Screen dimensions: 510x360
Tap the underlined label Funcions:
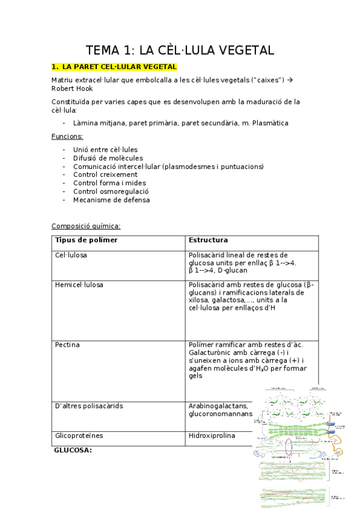pyautogui.click(x=67, y=137)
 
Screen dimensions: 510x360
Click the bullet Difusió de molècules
pyautogui.click(x=104, y=158)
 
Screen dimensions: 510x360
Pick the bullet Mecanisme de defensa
pyautogui.click(x=112, y=200)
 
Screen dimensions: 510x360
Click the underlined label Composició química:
pyautogui.click(x=86, y=226)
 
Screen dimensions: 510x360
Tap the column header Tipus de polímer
pyautogui.click(x=86, y=241)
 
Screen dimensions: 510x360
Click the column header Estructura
pyautogui.click(x=208, y=241)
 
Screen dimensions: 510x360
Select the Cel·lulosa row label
pyautogui.click(x=71, y=255)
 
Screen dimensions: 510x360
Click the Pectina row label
pyautogui.click(x=67, y=345)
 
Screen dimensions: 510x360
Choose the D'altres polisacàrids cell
pyautogui.click(x=89, y=406)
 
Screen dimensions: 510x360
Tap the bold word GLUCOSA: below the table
pyautogui.click(x=73, y=449)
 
